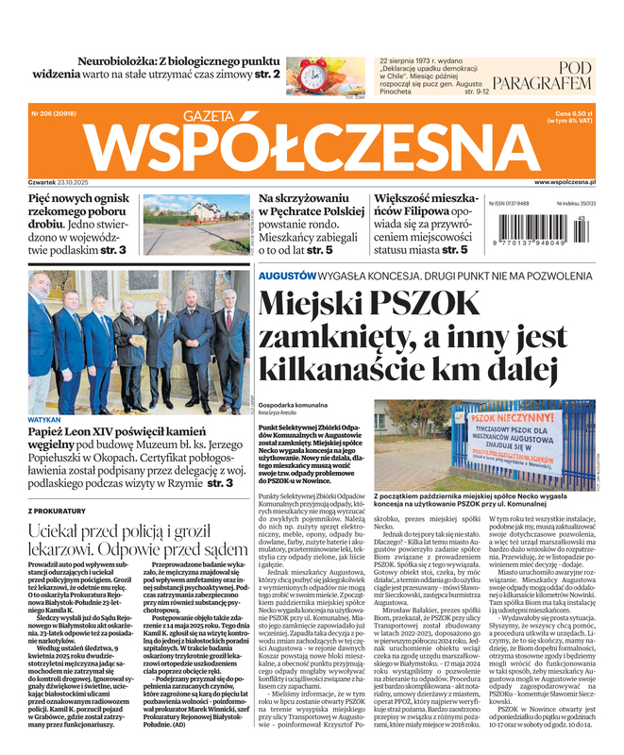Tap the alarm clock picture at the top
click(x=327, y=74)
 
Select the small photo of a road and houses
click(x=207, y=223)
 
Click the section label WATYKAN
click(x=44, y=392)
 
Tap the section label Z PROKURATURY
click(x=58, y=510)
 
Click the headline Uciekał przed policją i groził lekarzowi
click(x=136, y=540)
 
